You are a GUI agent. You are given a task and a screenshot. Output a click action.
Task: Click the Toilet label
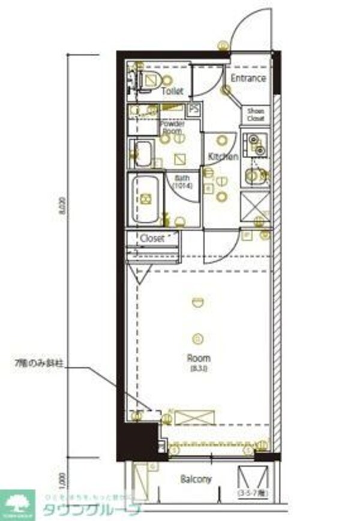click(x=172, y=91)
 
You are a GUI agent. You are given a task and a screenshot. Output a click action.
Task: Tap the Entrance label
click(x=248, y=79)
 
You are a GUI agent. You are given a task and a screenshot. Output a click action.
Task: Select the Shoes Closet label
click(x=256, y=115)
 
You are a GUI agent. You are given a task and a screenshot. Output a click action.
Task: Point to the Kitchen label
click(x=223, y=156)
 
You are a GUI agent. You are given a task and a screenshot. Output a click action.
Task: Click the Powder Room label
click(x=172, y=127)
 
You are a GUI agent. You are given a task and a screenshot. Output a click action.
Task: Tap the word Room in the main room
click(x=199, y=359)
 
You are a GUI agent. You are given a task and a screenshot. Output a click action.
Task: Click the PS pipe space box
click(x=194, y=110)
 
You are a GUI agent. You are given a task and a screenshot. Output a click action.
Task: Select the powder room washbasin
click(x=143, y=153)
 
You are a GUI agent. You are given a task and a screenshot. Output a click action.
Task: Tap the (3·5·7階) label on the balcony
click(x=253, y=493)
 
